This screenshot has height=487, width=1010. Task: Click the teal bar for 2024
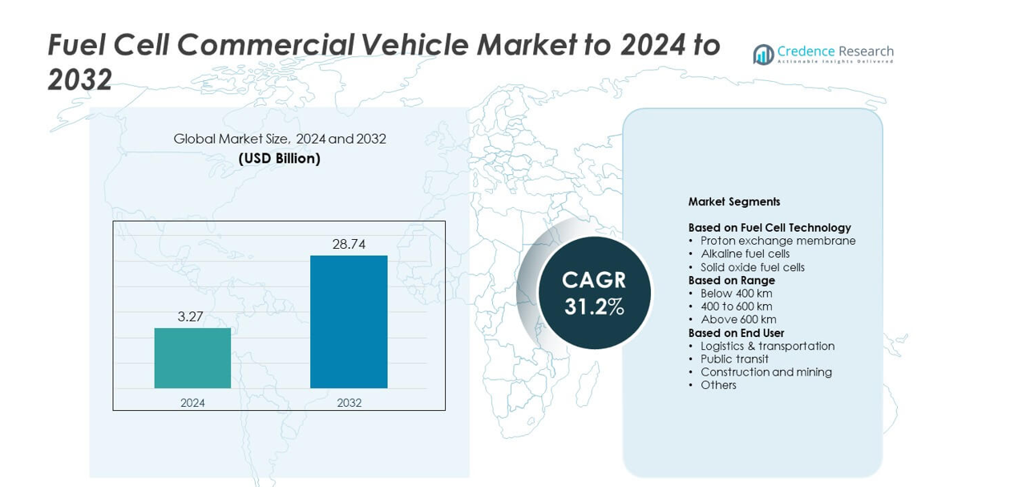tap(192, 358)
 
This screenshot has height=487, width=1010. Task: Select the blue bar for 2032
tap(349, 322)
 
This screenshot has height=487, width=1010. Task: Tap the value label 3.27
tap(191, 317)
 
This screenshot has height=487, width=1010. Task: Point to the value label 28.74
tap(349, 245)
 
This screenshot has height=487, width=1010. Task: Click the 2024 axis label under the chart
tap(192, 403)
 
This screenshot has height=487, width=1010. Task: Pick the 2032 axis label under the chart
tap(349, 403)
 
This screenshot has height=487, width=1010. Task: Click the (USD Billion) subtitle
tap(280, 159)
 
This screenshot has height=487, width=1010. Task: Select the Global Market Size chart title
tap(280, 139)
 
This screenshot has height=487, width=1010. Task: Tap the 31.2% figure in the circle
tap(594, 306)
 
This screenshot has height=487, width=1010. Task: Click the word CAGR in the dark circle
tap(594, 280)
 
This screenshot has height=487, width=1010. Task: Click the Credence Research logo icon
tap(763, 55)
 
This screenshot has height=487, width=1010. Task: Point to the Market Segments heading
tap(734, 202)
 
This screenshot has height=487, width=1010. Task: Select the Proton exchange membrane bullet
tap(778, 241)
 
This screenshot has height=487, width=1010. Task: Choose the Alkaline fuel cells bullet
tap(745, 254)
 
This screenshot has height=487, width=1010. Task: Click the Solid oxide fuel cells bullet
tap(752, 267)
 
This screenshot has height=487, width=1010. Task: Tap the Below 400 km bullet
tap(736, 293)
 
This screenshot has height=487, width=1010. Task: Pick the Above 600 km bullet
tap(737, 319)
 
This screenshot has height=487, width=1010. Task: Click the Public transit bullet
tap(734, 359)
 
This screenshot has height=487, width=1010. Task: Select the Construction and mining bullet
tap(766, 371)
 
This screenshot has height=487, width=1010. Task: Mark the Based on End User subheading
tap(736, 333)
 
